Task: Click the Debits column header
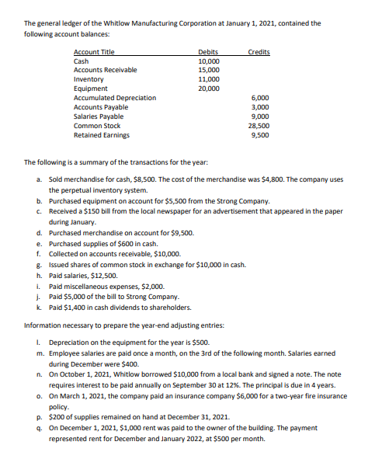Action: click(x=208, y=51)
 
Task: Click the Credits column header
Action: click(x=259, y=51)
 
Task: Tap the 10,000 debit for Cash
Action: click(x=209, y=61)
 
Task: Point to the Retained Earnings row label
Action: click(x=101, y=134)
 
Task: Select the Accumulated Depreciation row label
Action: click(x=114, y=97)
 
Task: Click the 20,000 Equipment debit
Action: click(x=209, y=88)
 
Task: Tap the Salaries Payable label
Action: click(x=99, y=116)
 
